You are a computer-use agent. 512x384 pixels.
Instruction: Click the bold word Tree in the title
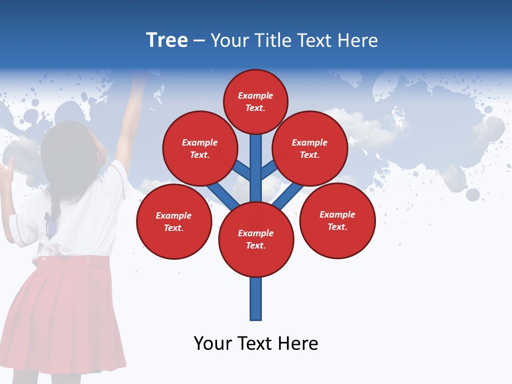(167, 40)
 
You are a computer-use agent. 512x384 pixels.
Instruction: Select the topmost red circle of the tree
(255, 101)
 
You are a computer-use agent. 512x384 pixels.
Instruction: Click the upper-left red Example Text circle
(199, 148)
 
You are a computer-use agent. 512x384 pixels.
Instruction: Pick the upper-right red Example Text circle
(310, 148)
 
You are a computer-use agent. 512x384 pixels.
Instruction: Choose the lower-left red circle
(174, 221)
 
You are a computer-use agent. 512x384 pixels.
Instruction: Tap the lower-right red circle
(338, 220)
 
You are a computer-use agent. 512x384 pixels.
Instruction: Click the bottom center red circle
(256, 239)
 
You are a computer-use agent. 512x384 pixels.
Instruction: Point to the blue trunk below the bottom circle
(256, 299)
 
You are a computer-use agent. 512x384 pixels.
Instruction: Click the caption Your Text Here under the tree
(256, 343)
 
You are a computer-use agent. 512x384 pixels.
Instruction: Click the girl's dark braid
(53, 205)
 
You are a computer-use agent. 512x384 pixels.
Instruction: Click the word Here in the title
(358, 41)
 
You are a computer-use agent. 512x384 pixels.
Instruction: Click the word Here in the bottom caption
(298, 343)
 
